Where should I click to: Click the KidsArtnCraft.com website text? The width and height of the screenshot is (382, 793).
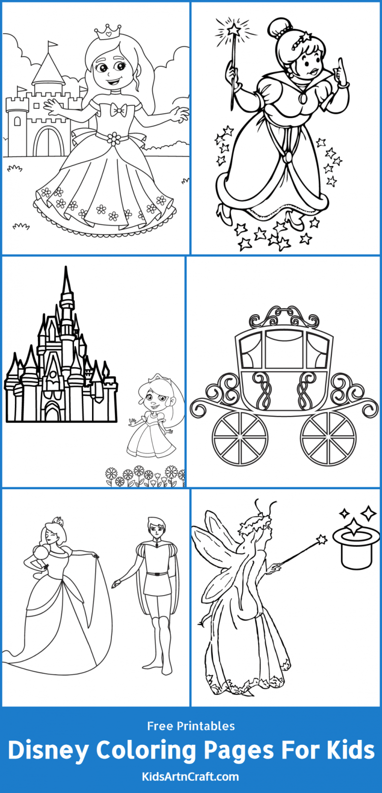(x=191, y=776)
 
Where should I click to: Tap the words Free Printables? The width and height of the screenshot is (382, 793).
(x=191, y=726)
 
